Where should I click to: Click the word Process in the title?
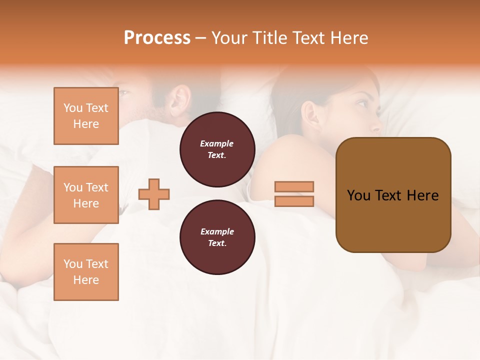tap(157, 38)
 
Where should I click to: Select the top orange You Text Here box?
tap(86, 116)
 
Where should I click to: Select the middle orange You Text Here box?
tap(86, 195)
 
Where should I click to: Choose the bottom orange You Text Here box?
tap(86, 271)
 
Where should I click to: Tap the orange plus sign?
tap(154, 194)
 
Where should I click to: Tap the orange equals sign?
tap(294, 194)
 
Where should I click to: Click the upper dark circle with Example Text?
tap(217, 149)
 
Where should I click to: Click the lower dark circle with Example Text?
tap(217, 237)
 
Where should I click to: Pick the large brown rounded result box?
tap(393, 195)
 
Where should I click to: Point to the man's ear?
tap(180, 98)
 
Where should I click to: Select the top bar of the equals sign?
tap(294, 187)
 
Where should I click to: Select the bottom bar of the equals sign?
tap(294, 201)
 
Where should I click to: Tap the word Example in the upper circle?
tap(217, 143)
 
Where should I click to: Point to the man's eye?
tap(125, 93)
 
